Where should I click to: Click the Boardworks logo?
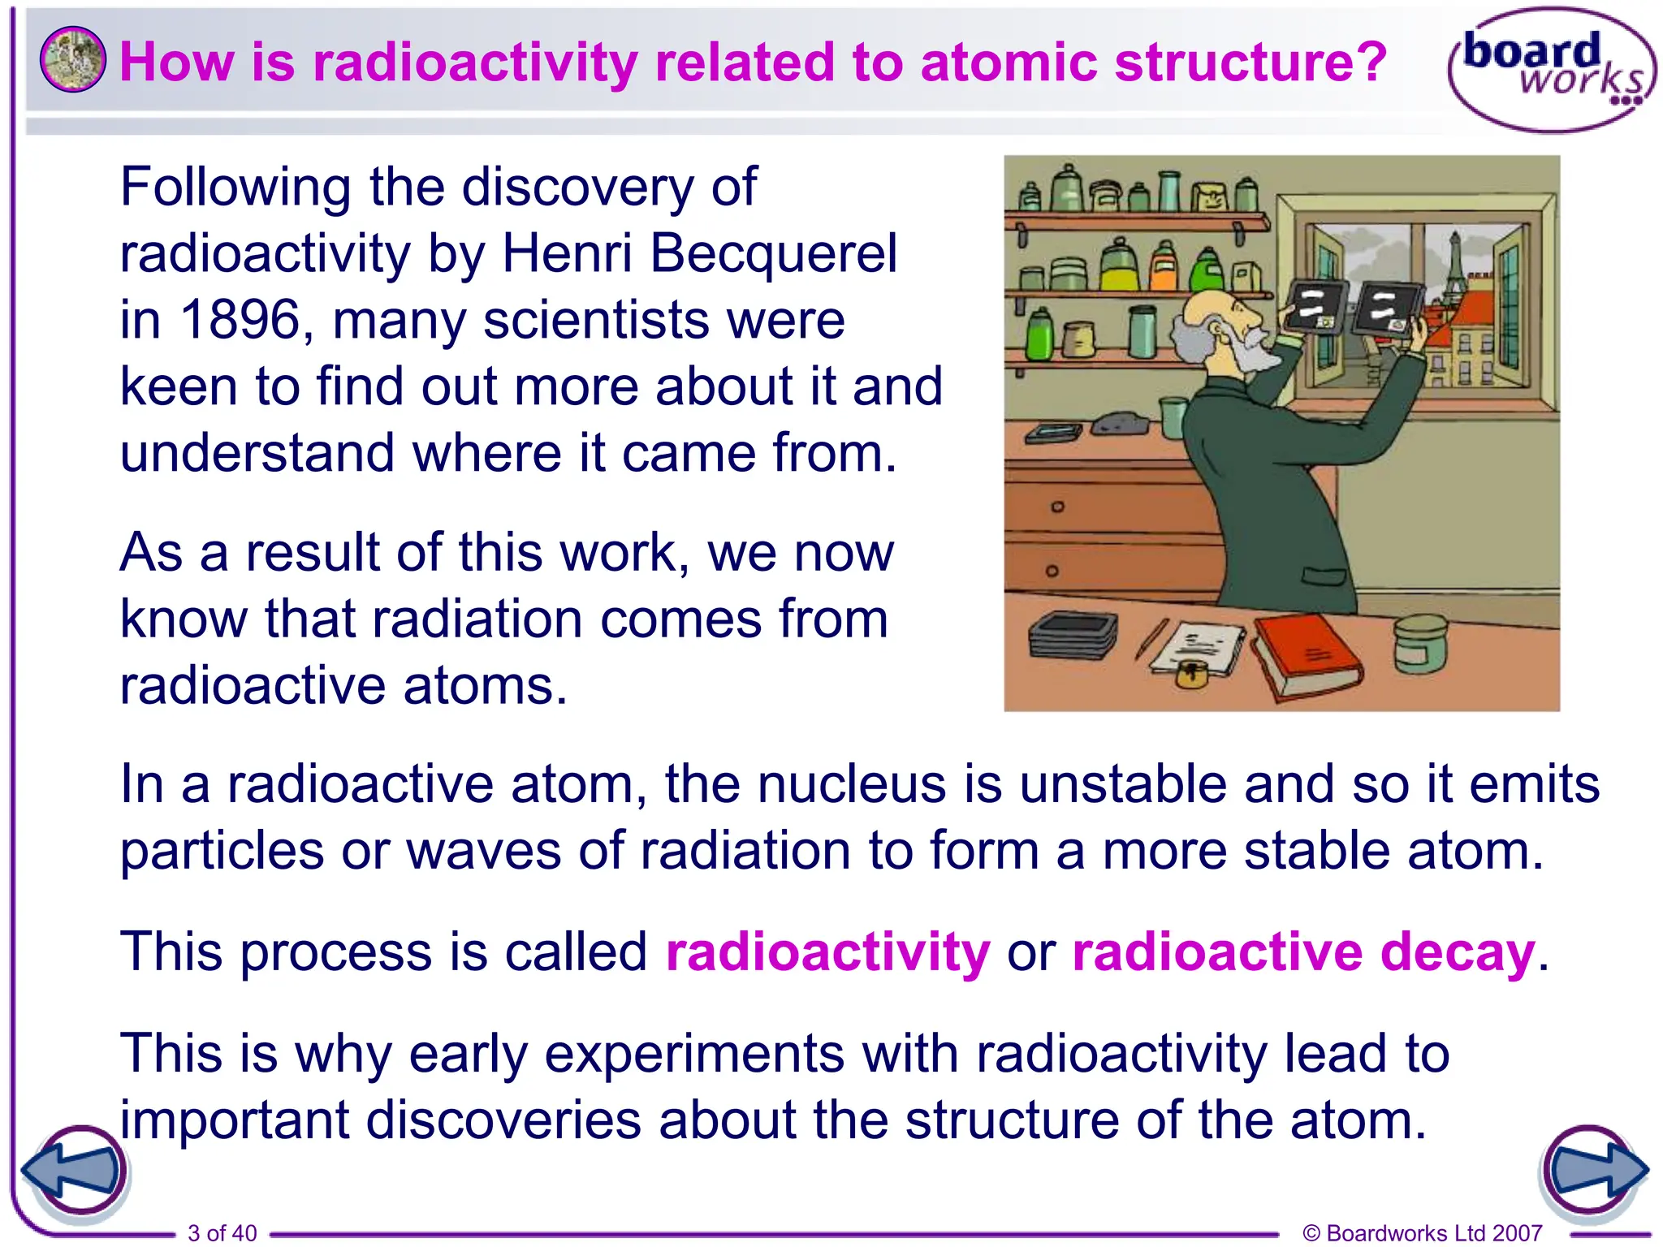(x=1551, y=69)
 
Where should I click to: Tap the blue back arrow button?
(x=73, y=1171)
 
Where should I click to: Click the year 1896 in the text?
(x=240, y=319)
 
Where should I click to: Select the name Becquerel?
(x=773, y=253)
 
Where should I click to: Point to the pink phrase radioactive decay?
(x=1303, y=951)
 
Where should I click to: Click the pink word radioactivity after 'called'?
(x=827, y=951)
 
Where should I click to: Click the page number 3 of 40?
(x=222, y=1232)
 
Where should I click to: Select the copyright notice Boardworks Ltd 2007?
(x=1422, y=1232)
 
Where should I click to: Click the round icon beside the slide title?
(x=72, y=59)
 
